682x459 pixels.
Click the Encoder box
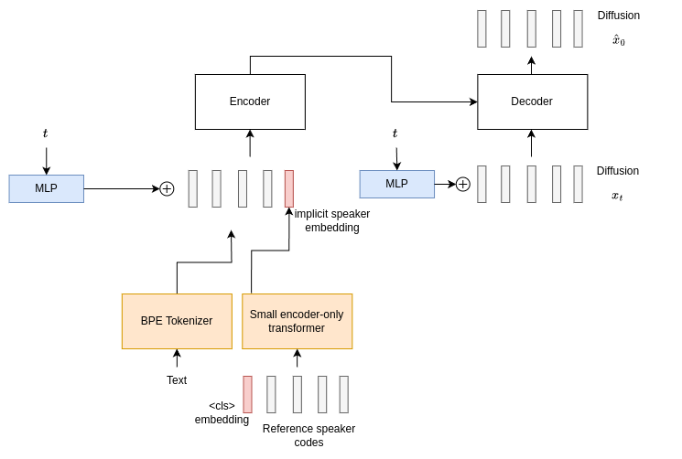(250, 101)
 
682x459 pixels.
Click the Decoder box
(532, 101)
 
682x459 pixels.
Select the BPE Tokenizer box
(177, 321)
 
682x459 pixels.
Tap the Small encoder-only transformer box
(297, 321)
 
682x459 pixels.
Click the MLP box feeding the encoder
(47, 188)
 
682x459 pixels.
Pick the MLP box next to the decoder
(396, 184)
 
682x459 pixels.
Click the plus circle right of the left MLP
(167, 188)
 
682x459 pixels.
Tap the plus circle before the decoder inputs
(463, 184)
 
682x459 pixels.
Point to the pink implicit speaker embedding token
(289, 188)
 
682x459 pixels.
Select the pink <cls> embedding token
(247, 394)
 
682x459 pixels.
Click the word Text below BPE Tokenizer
(177, 380)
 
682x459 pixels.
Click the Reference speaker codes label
(309, 435)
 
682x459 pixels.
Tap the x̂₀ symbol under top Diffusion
(619, 40)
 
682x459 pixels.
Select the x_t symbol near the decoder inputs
(618, 196)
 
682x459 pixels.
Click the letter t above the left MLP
(45, 133)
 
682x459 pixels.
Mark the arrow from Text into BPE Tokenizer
(177, 358)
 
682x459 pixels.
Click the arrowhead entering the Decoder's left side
(472, 101)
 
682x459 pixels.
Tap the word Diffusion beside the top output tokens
(619, 16)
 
